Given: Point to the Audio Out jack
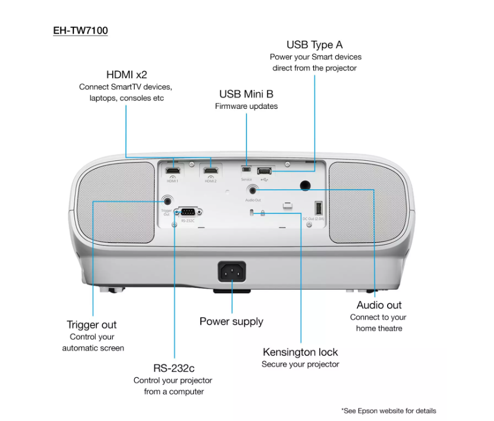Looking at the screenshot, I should (x=254, y=190).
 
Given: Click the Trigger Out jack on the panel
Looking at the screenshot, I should (x=167, y=201).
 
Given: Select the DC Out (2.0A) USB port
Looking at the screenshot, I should (x=318, y=208).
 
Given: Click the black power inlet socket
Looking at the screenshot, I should (x=232, y=273).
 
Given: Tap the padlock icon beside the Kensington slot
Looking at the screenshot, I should (x=262, y=213).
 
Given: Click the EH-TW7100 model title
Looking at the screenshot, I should (x=80, y=30).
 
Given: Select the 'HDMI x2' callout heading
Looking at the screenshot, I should (x=126, y=75).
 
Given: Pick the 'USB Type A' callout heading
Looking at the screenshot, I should (x=314, y=45).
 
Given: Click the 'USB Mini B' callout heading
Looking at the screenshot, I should (x=246, y=94).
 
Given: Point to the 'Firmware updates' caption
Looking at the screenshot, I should (x=246, y=106).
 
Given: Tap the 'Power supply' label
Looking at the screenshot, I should (x=231, y=322).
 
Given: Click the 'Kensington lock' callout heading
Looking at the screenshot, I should (x=300, y=352).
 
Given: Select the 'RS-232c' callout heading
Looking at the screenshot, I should (x=174, y=368).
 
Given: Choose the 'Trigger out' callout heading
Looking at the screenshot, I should (x=92, y=325).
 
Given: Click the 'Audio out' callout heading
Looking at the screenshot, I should (x=379, y=305).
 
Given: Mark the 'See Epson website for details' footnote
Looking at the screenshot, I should (x=388, y=410).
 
